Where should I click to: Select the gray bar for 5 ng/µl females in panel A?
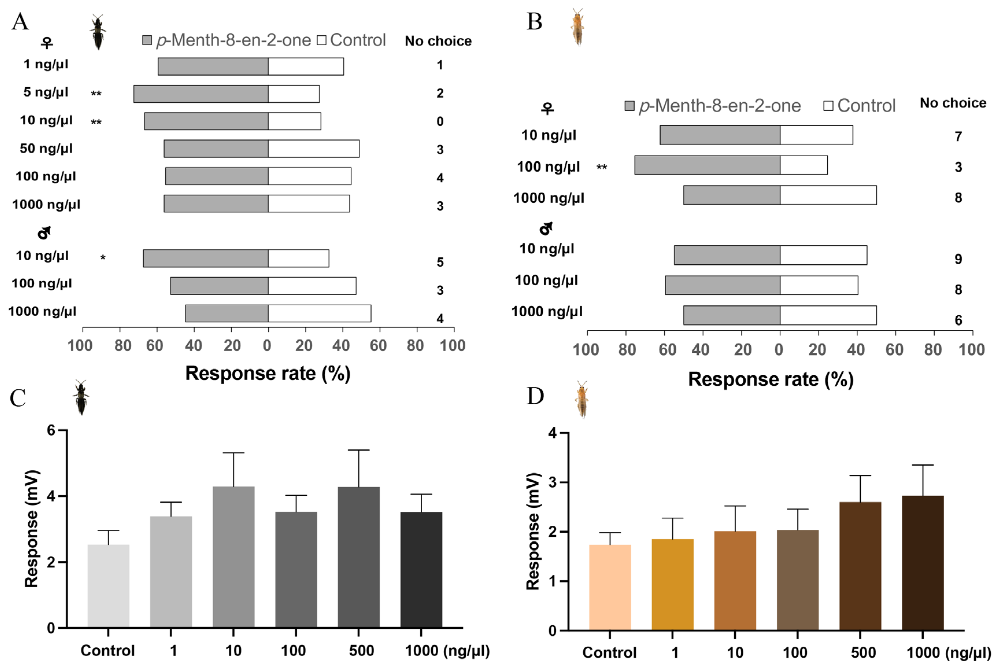click(x=201, y=94)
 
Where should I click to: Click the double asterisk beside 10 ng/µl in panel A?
click(x=96, y=122)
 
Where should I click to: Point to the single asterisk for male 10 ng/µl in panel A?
click(x=103, y=258)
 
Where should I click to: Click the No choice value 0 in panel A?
click(x=440, y=121)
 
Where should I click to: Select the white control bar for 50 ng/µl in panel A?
click(x=313, y=149)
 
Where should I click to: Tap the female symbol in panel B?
click(x=547, y=109)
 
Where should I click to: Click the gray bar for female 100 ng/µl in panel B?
click(x=707, y=165)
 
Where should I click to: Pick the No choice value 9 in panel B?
click(x=958, y=259)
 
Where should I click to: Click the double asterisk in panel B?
click(x=601, y=167)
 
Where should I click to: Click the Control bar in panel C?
click(x=108, y=586)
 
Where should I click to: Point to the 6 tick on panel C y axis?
click(x=51, y=430)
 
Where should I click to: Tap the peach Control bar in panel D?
click(x=610, y=588)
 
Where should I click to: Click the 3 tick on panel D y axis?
click(x=553, y=482)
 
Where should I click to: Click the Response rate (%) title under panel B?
click(x=770, y=379)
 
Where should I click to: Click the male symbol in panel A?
click(x=44, y=232)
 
